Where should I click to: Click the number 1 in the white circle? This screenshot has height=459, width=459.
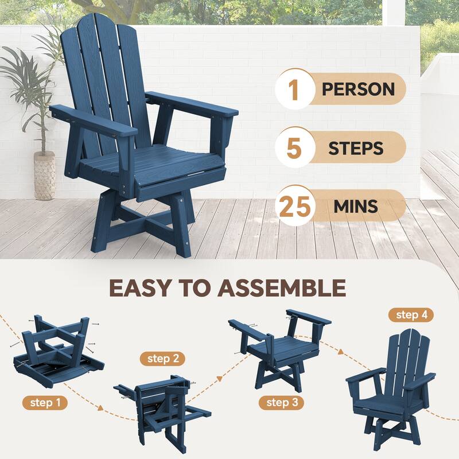(x=294, y=90)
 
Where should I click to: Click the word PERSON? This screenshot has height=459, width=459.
(x=358, y=90)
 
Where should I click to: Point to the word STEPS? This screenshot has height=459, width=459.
(x=356, y=149)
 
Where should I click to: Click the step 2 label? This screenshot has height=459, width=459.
(x=163, y=359)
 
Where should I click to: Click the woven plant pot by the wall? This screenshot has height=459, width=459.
(x=45, y=175)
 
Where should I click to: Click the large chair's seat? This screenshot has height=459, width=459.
(x=155, y=164)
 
